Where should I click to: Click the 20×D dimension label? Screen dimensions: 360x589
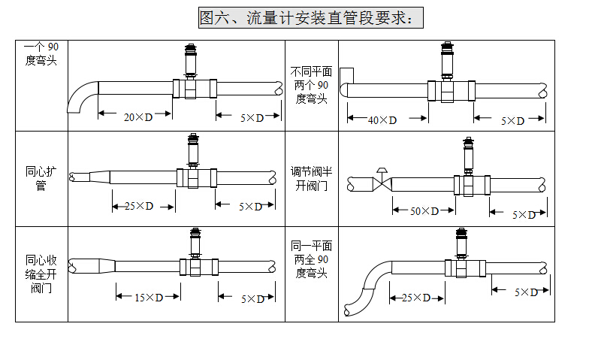point(137,117)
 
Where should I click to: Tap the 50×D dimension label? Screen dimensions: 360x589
point(424,211)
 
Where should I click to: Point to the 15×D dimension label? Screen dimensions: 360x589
point(149,298)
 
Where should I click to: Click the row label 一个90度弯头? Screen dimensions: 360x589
point(41,54)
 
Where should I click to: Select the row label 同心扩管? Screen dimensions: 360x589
point(41,179)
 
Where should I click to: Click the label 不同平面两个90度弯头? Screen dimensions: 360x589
point(311,85)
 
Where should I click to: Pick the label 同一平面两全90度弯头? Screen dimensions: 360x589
point(311,259)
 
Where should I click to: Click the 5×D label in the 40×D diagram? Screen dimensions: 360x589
point(513,119)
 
